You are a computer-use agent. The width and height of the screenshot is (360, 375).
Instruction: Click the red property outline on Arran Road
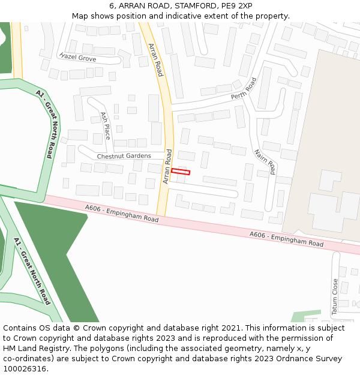pyautogui.click(x=181, y=172)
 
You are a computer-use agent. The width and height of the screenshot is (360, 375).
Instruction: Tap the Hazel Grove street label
pyautogui.click(x=78, y=57)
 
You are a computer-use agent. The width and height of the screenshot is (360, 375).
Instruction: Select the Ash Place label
pyautogui.click(x=106, y=126)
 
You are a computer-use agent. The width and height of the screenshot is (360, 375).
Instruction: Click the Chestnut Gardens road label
pyautogui.click(x=124, y=156)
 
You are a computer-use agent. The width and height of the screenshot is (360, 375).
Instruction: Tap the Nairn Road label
pyautogui.click(x=265, y=161)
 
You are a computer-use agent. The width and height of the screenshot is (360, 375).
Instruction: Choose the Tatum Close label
pyautogui.click(x=335, y=296)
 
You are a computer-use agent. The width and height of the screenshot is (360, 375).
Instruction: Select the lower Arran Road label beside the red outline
pyautogui.click(x=167, y=166)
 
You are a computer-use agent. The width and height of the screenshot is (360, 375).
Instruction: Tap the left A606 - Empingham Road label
pyautogui.click(x=122, y=214)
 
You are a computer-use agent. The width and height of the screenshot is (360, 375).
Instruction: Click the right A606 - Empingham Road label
pyautogui.click(x=286, y=239)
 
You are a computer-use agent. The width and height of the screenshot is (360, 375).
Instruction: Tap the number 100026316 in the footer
pyautogui.click(x=25, y=368)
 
